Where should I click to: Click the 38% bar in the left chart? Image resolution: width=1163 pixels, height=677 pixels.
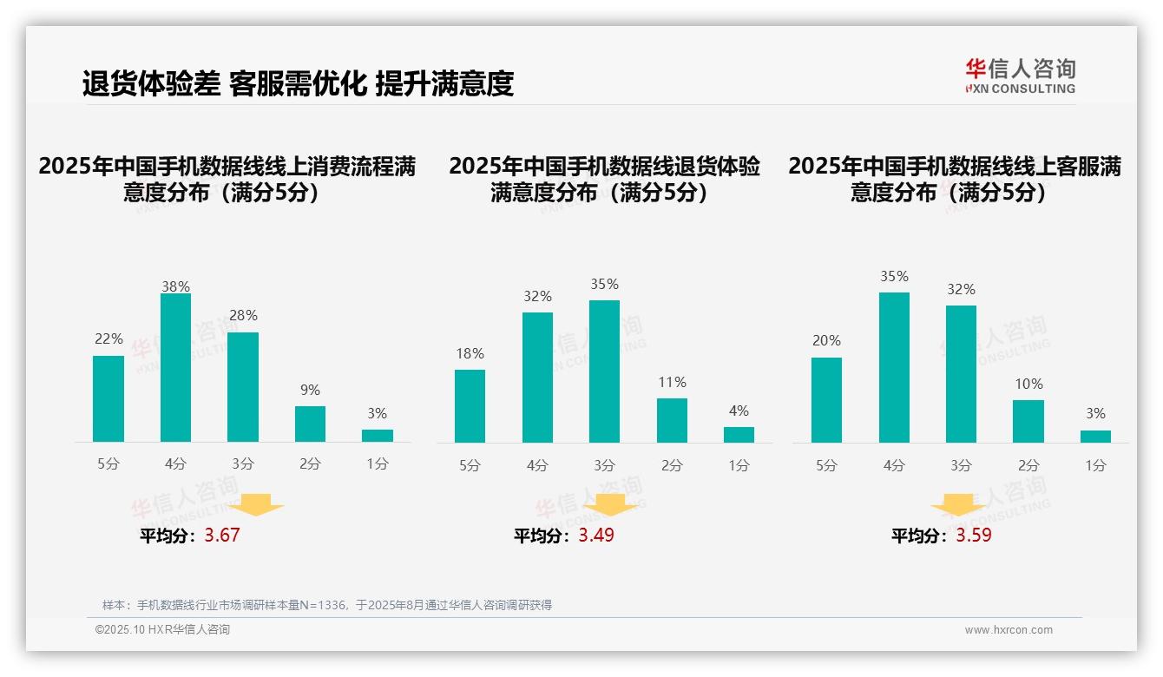pyautogui.click(x=175, y=368)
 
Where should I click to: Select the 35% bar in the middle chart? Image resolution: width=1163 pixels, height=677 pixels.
pyautogui.click(x=604, y=371)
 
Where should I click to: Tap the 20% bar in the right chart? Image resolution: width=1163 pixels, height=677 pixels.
pyautogui.click(x=826, y=400)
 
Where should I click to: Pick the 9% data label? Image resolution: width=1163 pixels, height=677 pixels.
pyautogui.click(x=310, y=391)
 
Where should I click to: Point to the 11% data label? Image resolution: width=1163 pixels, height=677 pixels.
pyautogui.click(x=672, y=383)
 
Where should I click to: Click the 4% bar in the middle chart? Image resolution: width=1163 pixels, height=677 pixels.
pyautogui.click(x=739, y=434)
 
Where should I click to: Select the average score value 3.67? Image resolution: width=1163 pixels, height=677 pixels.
pyautogui.click(x=222, y=536)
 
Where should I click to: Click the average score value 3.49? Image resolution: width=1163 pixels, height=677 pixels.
pyautogui.click(x=596, y=536)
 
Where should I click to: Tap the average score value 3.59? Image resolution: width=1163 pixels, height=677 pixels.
pyautogui.click(x=974, y=536)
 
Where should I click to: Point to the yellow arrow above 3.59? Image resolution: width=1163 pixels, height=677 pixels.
pyautogui.click(x=958, y=505)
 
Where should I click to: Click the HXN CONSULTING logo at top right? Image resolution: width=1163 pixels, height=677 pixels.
pyautogui.click(x=1020, y=76)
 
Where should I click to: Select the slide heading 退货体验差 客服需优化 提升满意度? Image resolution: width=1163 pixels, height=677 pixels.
pyautogui.click(x=298, y=83)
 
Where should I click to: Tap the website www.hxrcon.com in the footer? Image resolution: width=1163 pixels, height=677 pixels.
pyautogui.click(x=1009, y=630)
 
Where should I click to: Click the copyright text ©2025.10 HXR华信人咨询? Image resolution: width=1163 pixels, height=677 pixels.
pyautogui.click(x=162, y=630)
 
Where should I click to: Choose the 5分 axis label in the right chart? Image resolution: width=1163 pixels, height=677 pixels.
pyautogui.click(x=826, y=465)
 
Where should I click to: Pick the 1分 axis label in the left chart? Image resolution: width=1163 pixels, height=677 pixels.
pyautogui.click(x=378, y=463)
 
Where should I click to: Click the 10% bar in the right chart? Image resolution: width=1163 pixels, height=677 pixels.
pyautogui.click(x=1028, y=421)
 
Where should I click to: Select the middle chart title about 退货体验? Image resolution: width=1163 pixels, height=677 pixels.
pyautogui.click(x=604, y=179)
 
